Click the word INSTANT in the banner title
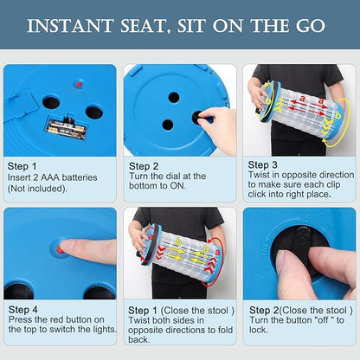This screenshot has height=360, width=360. [70, 26]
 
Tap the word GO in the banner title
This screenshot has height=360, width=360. [311, 26]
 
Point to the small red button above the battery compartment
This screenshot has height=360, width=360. [79, 85]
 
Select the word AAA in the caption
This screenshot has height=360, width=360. [50, 177]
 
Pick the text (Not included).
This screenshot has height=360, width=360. [37, 189]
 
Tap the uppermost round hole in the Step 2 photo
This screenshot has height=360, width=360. [174, 98]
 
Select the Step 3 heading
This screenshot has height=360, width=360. [262, 164]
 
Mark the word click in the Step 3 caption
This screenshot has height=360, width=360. [257, 194]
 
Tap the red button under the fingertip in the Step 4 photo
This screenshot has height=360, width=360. [60, 249]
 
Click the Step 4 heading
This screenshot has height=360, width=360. [23, 310]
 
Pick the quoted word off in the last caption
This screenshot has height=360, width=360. [324, 320]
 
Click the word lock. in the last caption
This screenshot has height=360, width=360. [259, 330]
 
